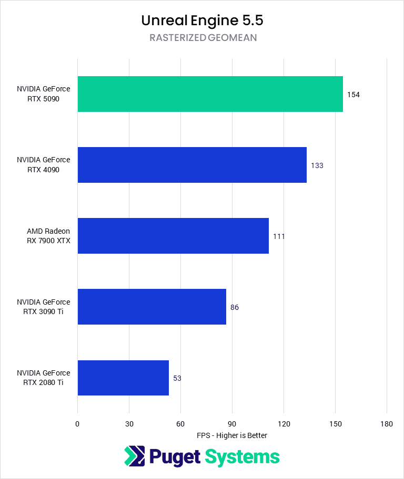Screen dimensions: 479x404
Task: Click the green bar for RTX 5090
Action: [210, 94]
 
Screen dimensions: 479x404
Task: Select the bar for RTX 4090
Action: [192, 165]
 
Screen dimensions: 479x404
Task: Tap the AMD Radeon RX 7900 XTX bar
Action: [173, 236]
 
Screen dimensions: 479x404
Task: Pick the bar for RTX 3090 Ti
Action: [151, 307]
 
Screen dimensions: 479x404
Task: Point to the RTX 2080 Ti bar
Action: [123, 378]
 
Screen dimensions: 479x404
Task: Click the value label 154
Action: [353, 95]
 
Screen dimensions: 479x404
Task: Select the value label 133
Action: [317, 165]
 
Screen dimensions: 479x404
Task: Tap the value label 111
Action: [279, 236]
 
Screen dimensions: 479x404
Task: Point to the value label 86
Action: [235, 307]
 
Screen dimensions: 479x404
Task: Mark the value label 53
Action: [177, 378]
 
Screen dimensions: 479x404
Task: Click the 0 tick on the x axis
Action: [77, 424]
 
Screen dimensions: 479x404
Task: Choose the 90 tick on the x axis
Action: [232, 424]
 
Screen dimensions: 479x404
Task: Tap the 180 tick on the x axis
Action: [387, 424]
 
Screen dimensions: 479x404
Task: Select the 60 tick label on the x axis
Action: [180, 424]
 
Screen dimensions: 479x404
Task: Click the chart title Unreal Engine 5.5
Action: [202, 20]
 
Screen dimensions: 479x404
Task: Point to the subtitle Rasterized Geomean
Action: [202, 38]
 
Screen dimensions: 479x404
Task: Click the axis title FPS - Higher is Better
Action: [232, 435]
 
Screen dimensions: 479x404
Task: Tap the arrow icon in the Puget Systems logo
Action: [135, 456]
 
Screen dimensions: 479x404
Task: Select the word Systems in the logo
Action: [242, 456]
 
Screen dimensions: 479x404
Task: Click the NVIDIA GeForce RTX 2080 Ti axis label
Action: [43, 378]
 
